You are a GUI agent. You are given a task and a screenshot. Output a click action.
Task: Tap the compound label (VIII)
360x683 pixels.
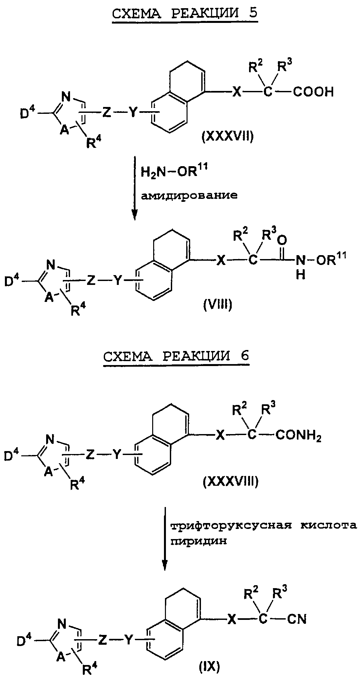[217, 306]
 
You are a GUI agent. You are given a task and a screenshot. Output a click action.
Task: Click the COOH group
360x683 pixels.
[313, 92]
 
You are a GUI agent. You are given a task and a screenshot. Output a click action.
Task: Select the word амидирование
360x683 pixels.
[189, 196]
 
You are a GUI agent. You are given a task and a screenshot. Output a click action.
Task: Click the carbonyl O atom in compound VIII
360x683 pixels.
[283, 241]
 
